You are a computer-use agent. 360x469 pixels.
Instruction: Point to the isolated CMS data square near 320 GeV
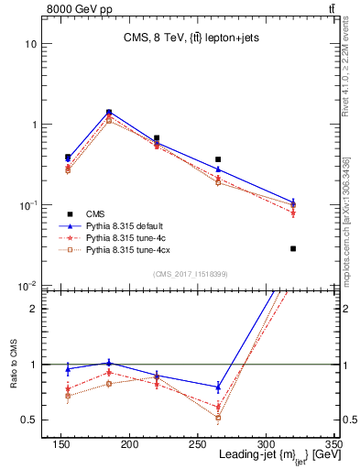click(x=293, y=248)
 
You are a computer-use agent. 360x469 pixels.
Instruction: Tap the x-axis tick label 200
click(x=129, y=445)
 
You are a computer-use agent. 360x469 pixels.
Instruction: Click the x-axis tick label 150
click(x=61, y=445)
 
